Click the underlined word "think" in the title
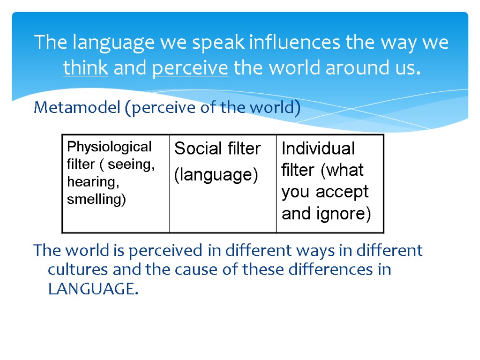pos(86,68)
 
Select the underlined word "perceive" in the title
pos(190,68)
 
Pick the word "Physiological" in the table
pos(109,147)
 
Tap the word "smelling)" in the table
pos(97,200)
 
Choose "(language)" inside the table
pos(216,175)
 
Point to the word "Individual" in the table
pos(318,149)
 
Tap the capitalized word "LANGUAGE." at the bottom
pos(93,289)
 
